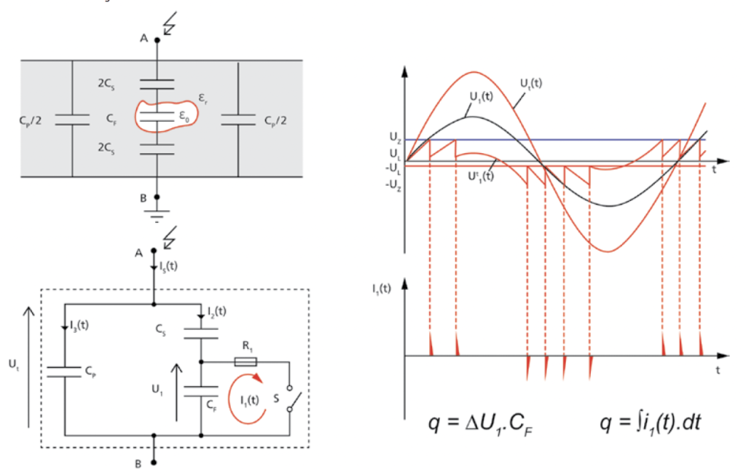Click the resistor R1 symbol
(246, 362)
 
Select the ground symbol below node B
(157, 216)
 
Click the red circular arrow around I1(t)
(247, 399)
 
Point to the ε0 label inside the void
(184, 116)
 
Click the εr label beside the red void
(203, 99)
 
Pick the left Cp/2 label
(31, 121)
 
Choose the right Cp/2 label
(275, 121)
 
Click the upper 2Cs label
(106, 84)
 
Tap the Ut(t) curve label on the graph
(531, 84)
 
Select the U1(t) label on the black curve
(482, 97)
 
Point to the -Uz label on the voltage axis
(393, 185)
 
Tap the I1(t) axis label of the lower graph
(382, 288)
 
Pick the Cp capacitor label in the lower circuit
(90, 372)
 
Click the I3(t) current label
(79, 326)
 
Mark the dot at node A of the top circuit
(157, 40)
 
